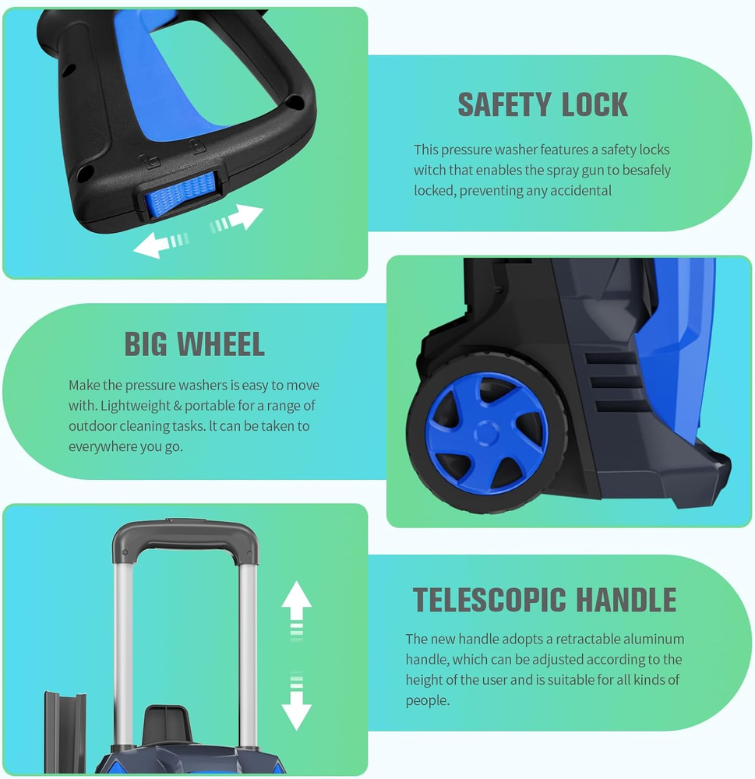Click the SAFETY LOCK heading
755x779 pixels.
pos(543,104)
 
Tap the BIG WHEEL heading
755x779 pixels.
pos(194,344)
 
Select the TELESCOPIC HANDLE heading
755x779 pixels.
pos(545,600)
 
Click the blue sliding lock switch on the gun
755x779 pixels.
pos(182,194)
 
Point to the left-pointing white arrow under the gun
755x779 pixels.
pos(161,244)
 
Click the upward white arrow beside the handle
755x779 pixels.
pos(296,608)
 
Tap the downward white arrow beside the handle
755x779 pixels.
pos(296,702)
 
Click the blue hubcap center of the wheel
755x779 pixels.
pos(486,434)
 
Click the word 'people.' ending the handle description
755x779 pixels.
pos(428,700)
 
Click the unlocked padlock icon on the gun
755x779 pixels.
pos(145,161)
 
